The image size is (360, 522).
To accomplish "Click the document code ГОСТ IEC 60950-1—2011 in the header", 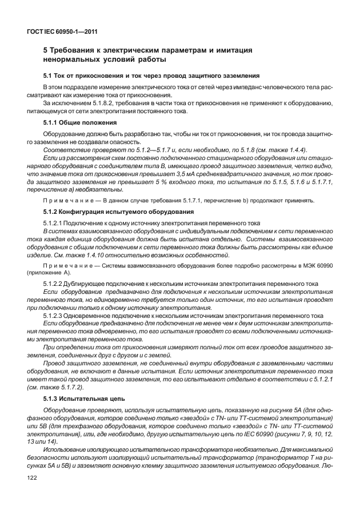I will tap(59, 33).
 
